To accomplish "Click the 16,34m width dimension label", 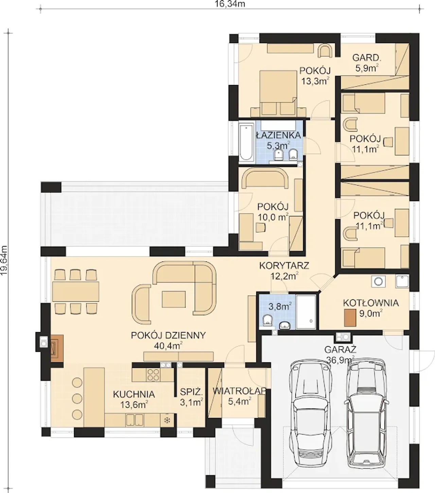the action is pos(229,4).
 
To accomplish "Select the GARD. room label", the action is pos(367,58).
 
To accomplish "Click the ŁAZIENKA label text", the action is pos(279,135).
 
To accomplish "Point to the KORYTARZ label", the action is pos(284,265).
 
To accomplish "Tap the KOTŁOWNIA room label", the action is pos(371,303).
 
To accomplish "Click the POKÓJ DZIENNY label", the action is pos(168,335).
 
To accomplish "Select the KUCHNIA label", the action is pos(134,394).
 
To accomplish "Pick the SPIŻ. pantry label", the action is pos(191,392).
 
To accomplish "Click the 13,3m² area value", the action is pos(316,81).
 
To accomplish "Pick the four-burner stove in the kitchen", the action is pos(153,375).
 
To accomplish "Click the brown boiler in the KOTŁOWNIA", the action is pos(350,318).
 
